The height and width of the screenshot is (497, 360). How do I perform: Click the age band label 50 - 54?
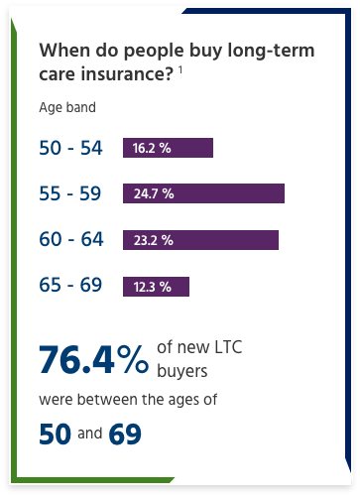coord(70,148)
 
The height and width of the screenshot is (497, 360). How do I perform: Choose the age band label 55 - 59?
coord(70,193)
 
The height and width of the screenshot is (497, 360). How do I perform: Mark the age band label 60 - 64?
coord(70,240)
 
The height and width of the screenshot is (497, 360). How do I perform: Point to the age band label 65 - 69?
coord(70,286)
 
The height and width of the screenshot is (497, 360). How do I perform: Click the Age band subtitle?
coord(67,108)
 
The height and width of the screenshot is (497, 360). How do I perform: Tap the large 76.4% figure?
coord(93,359)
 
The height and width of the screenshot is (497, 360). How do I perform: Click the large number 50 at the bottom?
coord(56,434)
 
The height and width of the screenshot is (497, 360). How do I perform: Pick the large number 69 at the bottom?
coord(126,434)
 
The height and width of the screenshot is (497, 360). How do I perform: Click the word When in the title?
coord(61,52)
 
